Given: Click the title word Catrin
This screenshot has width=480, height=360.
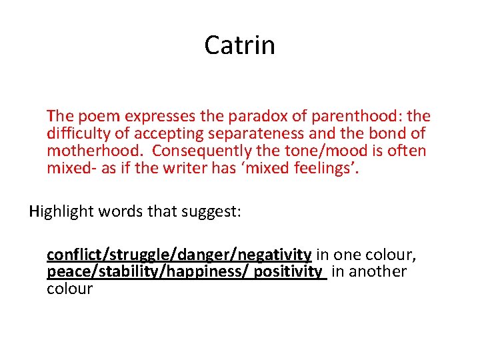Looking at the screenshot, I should coord(239,45).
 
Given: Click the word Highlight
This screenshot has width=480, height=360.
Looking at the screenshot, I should coord(61,212).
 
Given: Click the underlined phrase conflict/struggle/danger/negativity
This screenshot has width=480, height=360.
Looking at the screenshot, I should coord(179,255).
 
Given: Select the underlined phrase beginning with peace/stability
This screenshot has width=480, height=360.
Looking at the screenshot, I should coord(185,271).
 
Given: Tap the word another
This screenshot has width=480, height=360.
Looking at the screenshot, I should coord(377,271).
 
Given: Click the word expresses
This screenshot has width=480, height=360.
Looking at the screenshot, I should coord(146,117).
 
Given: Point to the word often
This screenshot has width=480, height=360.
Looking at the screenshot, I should coord(407,151).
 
